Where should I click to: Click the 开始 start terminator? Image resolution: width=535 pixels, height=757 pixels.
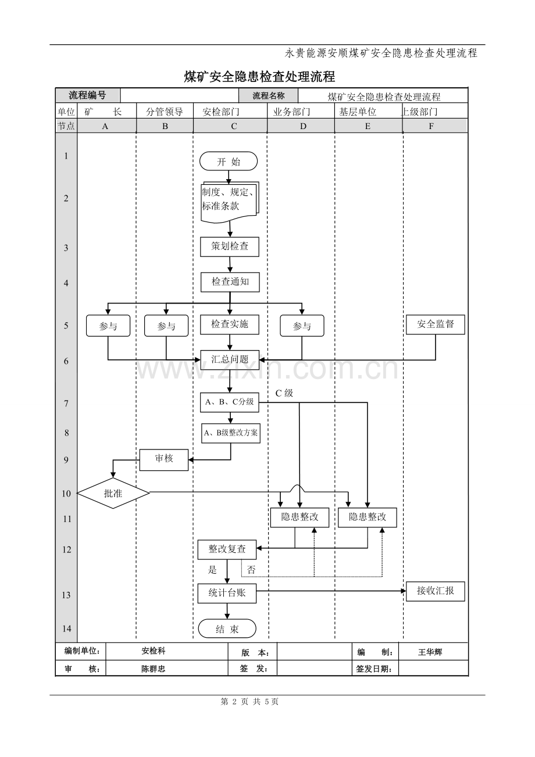tap(229, 162)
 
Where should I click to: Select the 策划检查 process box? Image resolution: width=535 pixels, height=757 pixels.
tap(230, 246)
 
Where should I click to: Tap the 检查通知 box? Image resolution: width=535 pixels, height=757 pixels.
tap(230, 282)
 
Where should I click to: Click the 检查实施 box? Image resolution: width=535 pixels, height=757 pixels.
tap(230, 324)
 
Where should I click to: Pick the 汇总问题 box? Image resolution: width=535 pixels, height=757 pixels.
tap(230, 359)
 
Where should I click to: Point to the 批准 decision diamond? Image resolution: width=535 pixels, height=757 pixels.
tap(113, 494)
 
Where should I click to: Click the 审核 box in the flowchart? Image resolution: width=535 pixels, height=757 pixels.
tap(164, 459)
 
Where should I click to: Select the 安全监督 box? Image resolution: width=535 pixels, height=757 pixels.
tap(435, 324)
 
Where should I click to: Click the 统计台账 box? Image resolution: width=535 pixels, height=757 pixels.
tap(227, 593)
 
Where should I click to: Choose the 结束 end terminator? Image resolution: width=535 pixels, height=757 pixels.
tap(227, 629)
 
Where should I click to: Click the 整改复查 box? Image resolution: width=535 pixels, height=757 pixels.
tap(227, 549)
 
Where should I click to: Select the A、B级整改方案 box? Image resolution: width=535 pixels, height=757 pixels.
tap(231, 433)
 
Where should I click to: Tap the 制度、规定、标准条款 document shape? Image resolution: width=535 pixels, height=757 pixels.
tap(230, 199)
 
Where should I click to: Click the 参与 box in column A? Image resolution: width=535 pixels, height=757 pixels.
tap(108, 326)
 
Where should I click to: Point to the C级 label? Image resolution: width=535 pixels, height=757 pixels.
tap(284, 393)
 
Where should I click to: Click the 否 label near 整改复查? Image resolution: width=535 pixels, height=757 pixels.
tap(251, 570)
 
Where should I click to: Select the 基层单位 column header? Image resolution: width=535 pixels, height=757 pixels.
tap(358, 112)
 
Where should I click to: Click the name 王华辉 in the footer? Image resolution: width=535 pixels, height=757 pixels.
tap(430, 652)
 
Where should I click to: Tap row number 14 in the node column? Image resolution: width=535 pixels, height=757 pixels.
tap(66, 629)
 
